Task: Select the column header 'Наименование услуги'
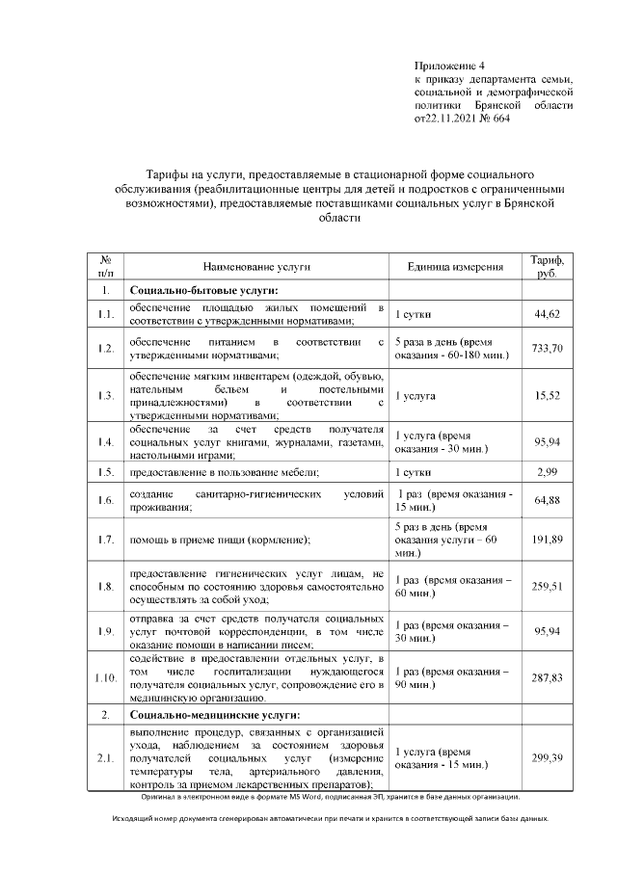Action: coord(255,266)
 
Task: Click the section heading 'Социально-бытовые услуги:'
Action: coord(203,290)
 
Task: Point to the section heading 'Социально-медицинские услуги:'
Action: coord(214,715)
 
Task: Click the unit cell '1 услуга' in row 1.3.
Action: coord(416,395)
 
